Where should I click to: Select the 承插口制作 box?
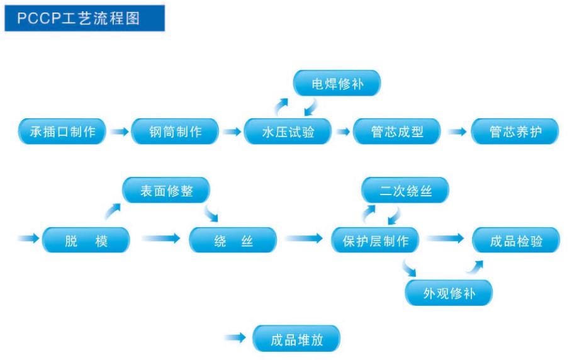coord(62,132)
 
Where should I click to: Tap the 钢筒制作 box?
coord(175,132)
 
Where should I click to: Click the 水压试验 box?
coord(288,132)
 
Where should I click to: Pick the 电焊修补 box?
coord(337,83)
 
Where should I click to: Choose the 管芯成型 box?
coord(396,132)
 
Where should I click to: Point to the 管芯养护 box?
coord(515,132)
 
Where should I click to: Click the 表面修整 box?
coord(165,191)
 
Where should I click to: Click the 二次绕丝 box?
coord(405,191)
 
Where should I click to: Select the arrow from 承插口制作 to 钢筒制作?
coord(118,132)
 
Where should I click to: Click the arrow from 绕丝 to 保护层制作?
coord(303,239)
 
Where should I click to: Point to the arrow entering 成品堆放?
coord(235,339)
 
